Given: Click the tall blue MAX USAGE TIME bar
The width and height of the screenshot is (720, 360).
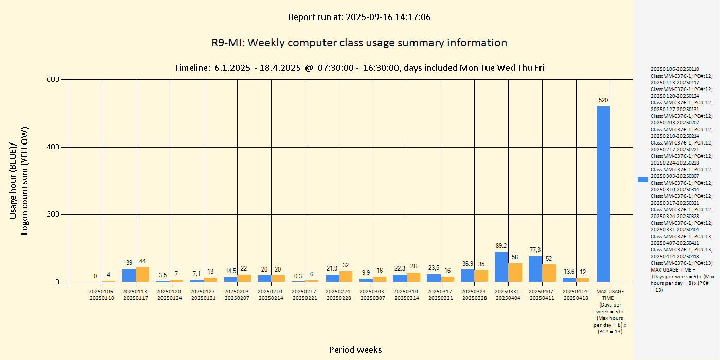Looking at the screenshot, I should click(x=603, y=194).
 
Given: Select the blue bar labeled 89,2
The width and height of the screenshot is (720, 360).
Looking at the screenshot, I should click(x=501, y=267).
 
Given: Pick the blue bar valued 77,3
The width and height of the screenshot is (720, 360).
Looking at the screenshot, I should click(x=535, y=269).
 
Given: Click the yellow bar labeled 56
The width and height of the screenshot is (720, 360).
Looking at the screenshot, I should click(x=515, y=273).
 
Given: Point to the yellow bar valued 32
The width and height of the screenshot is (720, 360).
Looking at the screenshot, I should click(x=346, y=277).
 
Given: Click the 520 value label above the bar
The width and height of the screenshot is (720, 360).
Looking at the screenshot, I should click(x=603, y=100).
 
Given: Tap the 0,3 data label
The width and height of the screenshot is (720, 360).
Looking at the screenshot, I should click(x=298, y=276).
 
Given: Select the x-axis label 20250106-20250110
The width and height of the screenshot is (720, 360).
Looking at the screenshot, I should click(x=102, y=295).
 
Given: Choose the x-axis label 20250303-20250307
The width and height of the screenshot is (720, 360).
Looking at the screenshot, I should click(x=373, y=295).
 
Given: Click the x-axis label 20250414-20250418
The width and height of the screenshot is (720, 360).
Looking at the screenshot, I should click(x=576, y=295).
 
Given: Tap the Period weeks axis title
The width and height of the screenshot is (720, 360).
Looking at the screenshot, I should click(x=355, y=350).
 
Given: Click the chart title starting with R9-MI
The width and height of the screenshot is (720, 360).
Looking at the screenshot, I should click(x=359, y=43).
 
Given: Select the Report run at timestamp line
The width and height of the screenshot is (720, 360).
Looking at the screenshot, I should click(x=359, y=17).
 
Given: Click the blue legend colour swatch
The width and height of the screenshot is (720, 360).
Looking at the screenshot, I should click(x=642, y=179).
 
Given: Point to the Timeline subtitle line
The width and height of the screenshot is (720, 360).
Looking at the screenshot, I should click(x=359, y=68).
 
